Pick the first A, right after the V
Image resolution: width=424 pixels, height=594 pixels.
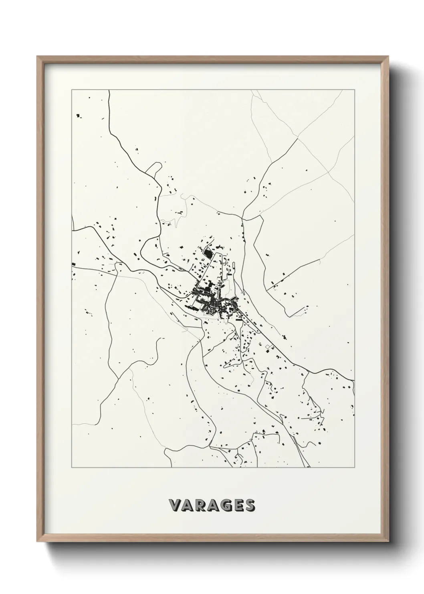click(x=188, y=505)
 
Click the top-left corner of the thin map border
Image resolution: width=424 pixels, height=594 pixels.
click(x=72, y=90)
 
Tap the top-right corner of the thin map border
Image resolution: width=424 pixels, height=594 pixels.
click(x=354, y=90)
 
